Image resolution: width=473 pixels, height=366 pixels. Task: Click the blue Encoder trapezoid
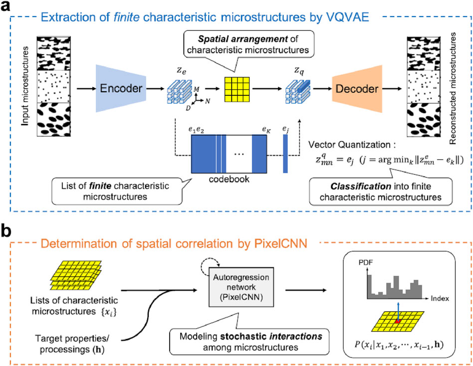tap(121, 88)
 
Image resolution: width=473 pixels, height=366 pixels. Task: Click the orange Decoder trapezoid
tap(357, 89)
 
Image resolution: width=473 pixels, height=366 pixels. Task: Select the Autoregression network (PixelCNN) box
tap(241, 287)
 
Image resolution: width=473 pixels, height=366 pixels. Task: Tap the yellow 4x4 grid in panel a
tap(237, 89)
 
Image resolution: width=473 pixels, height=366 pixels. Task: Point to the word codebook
tap(229, 179)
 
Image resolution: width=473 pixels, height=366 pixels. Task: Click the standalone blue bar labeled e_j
tap(285, 154)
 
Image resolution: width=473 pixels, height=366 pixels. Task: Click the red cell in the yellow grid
tap(398, 322)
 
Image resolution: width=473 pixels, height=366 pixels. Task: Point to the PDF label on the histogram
tap(366, 263)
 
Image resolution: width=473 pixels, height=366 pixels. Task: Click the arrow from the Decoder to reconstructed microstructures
tap(393, 89)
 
